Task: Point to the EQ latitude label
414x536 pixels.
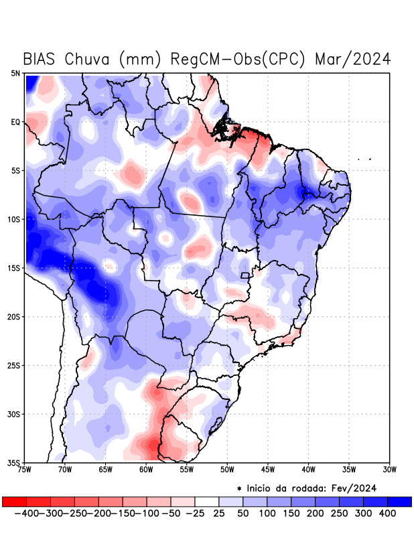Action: (x=15, y=122)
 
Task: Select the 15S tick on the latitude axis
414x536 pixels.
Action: (x=14, y=268)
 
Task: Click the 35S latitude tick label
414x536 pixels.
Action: (x=14, y=462)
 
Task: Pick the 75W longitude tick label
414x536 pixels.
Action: (x=25, y=470)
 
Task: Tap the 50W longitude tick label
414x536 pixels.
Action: (x=227, y=470)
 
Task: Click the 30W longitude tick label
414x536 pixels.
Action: (x=390, y=470)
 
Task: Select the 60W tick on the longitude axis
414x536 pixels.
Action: (x=146, y=470)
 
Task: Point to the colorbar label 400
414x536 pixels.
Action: (x=387, y=513)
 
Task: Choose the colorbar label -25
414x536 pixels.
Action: (x=195, y=513)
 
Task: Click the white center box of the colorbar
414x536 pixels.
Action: (x=207, y=501)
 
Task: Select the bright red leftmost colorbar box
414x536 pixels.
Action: (x=15, y=501)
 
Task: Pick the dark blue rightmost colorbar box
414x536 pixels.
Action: (x=399, y=501)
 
